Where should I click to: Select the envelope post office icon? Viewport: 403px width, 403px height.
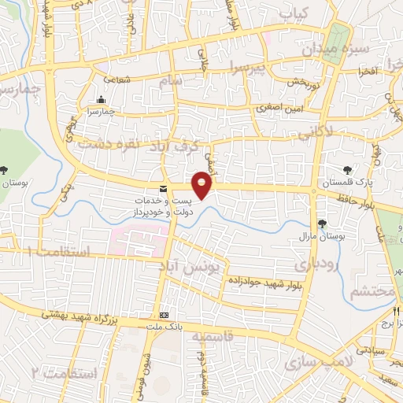point(163,189)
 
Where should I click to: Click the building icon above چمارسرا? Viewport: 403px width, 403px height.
point(101,100)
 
